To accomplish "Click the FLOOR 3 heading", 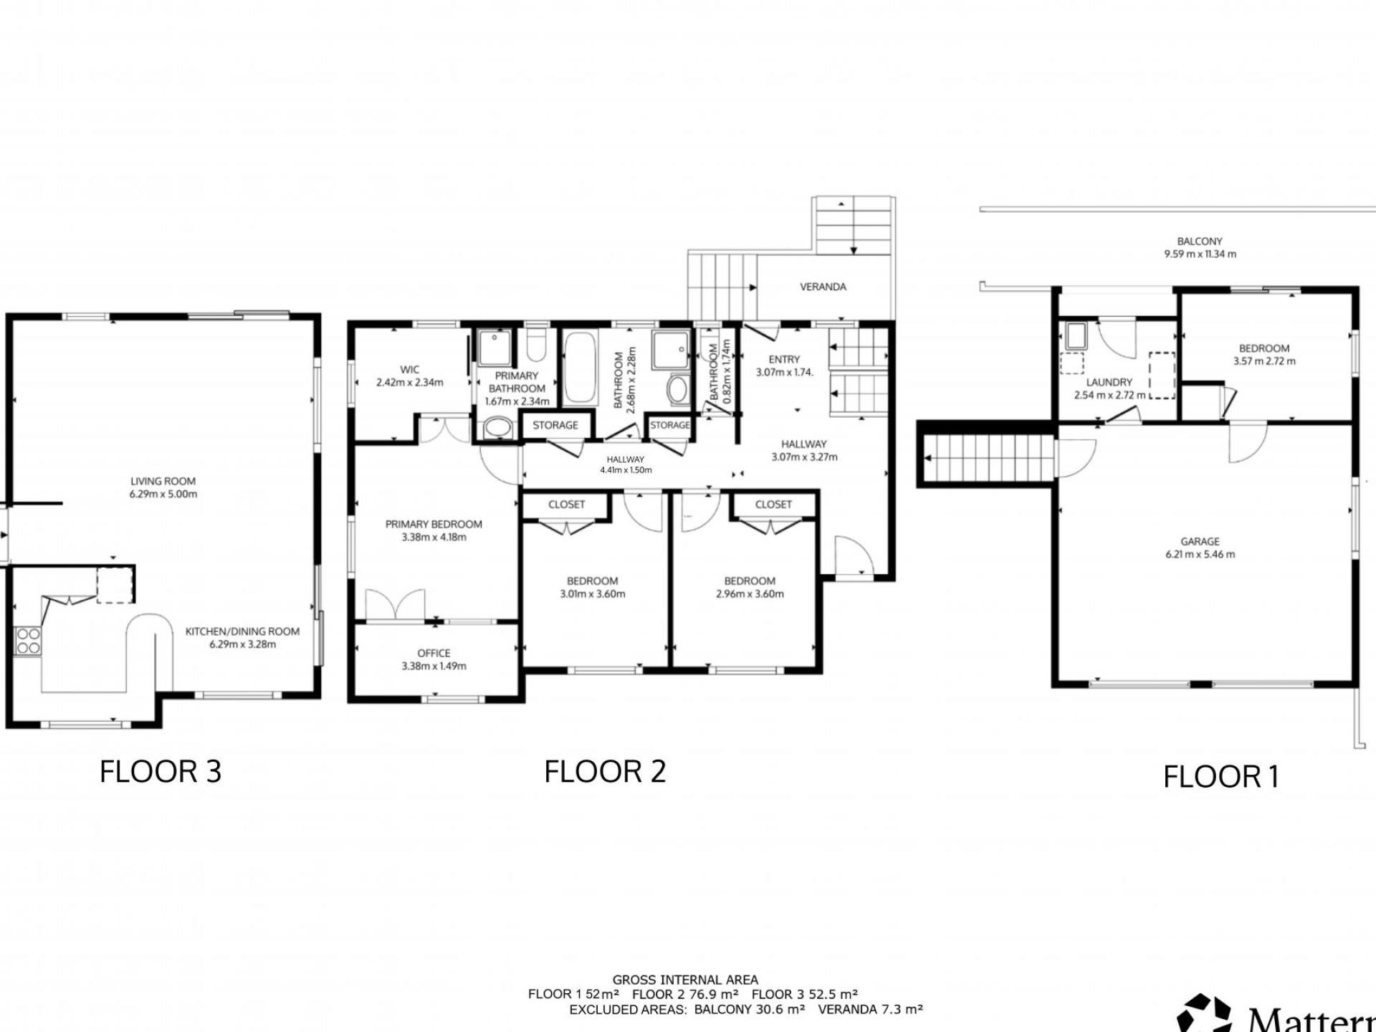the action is tap(161, 772).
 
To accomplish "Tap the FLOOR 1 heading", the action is tap(1221, 777).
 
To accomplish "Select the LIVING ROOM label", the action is tap(163, 482).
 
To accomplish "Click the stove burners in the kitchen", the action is tap(28, 641).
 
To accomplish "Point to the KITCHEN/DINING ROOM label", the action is tap(242, 631).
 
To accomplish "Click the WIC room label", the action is tap(410, 370).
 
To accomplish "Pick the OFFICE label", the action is tap(434, 653).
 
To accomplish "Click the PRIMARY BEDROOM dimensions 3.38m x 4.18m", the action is tap(434, 537).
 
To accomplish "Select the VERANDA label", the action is tap(823, 287).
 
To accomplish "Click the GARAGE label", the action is tap(1200, 542).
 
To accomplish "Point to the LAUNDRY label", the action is tap(1109, 383).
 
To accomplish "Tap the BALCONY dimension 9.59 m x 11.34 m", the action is tap(1200, 254).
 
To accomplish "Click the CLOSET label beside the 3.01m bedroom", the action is tap(566, 505).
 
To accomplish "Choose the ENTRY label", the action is tap(784, 360).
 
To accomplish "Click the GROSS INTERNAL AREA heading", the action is tap(685, 980).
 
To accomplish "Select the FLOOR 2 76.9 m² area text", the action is tap(685, 994).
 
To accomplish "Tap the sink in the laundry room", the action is tap(1076, 335).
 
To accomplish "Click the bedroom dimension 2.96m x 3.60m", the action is tap(750, 594).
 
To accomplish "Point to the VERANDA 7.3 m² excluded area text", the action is tap(870, 1009).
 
